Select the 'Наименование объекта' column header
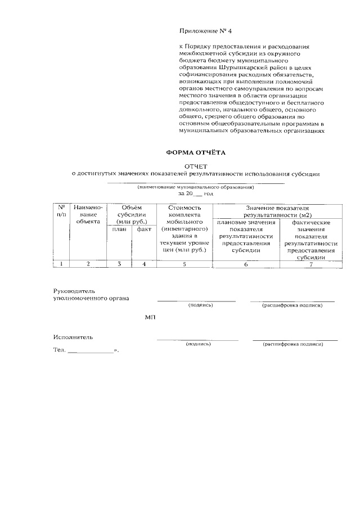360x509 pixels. click(88, 214)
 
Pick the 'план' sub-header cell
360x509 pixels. click(119, 229)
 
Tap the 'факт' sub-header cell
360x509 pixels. click(144, 229)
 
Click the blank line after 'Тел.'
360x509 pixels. click(90, 352)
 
